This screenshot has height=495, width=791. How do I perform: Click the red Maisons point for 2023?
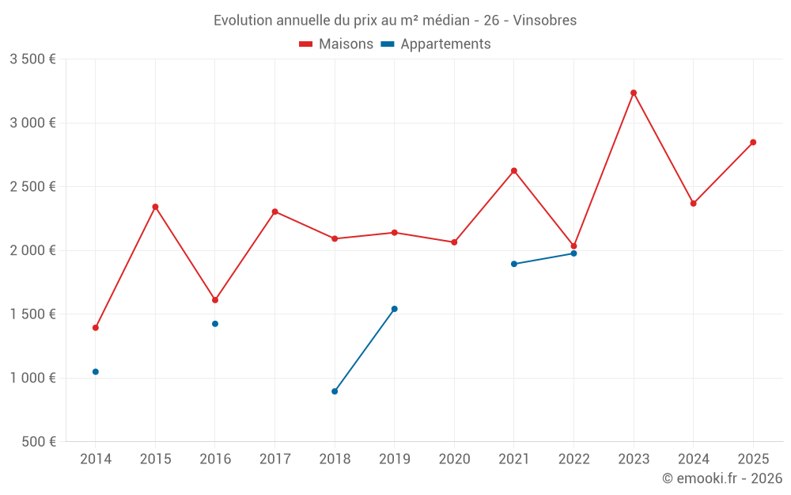(x=634, y=93)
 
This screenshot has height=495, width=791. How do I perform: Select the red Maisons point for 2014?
(x=96, y=328)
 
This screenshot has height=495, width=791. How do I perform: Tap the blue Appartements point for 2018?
(x=335, y=391)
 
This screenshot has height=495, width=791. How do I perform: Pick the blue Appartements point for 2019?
(x=395, y=309)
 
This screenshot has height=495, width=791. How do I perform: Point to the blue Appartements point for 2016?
(x=215, y=324)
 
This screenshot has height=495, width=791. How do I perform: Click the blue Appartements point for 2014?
(x=96, y=371)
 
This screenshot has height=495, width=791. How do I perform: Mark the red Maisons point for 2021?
(x=514, y=171)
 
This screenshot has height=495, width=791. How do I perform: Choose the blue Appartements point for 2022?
(x=574, y=253)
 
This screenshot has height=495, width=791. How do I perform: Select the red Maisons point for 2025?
(x=753, y=143)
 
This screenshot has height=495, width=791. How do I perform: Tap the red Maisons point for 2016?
(x=215, y=300)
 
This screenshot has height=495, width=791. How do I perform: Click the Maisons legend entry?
(x=336, y=44)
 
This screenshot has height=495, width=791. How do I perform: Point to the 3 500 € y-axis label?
(x=32, y=59)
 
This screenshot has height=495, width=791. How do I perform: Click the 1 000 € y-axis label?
(x=32, y=378)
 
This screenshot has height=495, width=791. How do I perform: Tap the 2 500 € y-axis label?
(x=32, y=187)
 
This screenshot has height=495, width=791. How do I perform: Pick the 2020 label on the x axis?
(x=454, y=459)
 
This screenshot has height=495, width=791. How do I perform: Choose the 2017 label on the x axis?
(x=274, y=459)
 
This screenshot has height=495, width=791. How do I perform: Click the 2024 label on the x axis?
(x=693, y=459)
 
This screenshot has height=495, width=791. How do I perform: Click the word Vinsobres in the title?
(x=545, y=21)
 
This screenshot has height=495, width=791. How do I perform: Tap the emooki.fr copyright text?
(x=722, y=478)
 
